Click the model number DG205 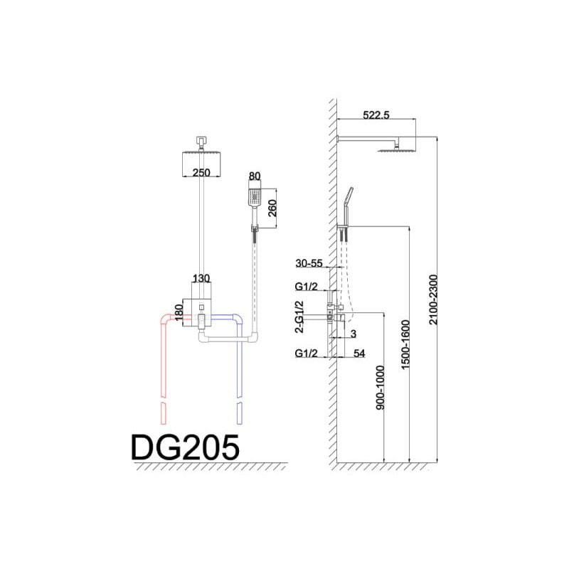185,447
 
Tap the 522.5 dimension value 376,115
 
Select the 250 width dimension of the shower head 201,172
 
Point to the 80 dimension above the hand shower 255,176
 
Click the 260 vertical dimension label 272,208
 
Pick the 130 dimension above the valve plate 201,278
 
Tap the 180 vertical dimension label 179,312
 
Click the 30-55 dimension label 309,263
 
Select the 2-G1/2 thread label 299,317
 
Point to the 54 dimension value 359,353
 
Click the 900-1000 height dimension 380,388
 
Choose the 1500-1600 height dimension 405,344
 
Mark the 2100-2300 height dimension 434,299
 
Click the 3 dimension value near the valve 353,334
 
